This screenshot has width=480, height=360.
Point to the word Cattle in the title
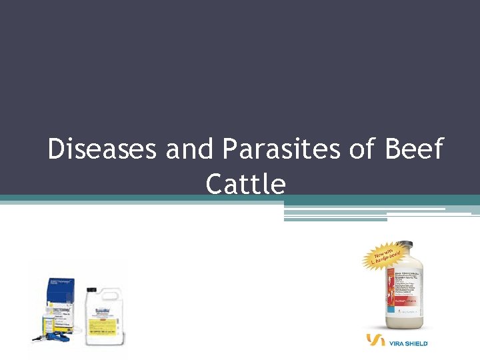click(x=245, y=183)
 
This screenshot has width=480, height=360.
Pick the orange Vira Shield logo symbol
click(x=375, y=341)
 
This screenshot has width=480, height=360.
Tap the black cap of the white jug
click(x=92, y=291)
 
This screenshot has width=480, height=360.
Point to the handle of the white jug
click(x=117, y=297)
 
